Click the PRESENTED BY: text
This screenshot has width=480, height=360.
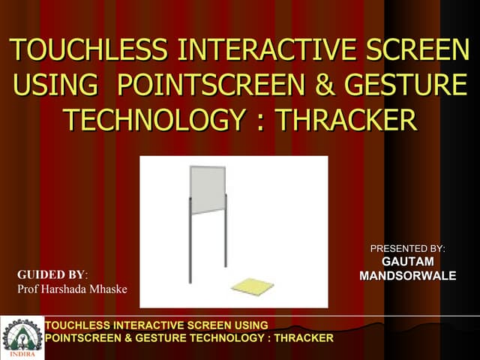tap(408, 248)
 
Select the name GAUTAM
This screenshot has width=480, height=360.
tap(408, 262)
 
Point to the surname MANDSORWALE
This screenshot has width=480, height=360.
tap(408, 276)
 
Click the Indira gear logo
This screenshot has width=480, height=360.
tap(22, 337)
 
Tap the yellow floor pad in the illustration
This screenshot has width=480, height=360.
tap(253, 286)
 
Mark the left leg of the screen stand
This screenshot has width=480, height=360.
tap(190, 247)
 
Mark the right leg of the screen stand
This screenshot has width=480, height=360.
tap(225, 240)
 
